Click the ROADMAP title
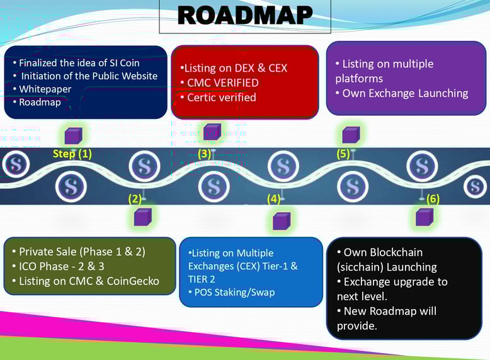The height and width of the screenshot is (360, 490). (245, 16)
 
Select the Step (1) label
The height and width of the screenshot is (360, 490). (72, 154)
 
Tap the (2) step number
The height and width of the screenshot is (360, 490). (134, 200)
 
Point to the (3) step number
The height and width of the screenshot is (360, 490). (205, 153)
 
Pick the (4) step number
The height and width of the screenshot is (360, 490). (273, 200)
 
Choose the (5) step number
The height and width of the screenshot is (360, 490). (343, 153)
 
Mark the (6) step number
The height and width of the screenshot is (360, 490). (433, 200)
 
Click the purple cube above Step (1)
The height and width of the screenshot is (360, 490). (73, 135)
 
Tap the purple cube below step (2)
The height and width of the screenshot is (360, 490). (142, 217)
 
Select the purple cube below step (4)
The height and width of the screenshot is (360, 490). (281, 221)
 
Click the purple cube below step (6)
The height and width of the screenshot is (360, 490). (424, 217)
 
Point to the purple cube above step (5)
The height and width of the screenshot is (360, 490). (351, 134)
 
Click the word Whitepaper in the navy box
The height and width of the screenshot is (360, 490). (45, 89)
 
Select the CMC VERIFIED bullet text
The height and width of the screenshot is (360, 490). (223, 82)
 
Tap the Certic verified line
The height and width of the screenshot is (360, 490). (222, 98)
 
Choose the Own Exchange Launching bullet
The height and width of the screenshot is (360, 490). (405, 93)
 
